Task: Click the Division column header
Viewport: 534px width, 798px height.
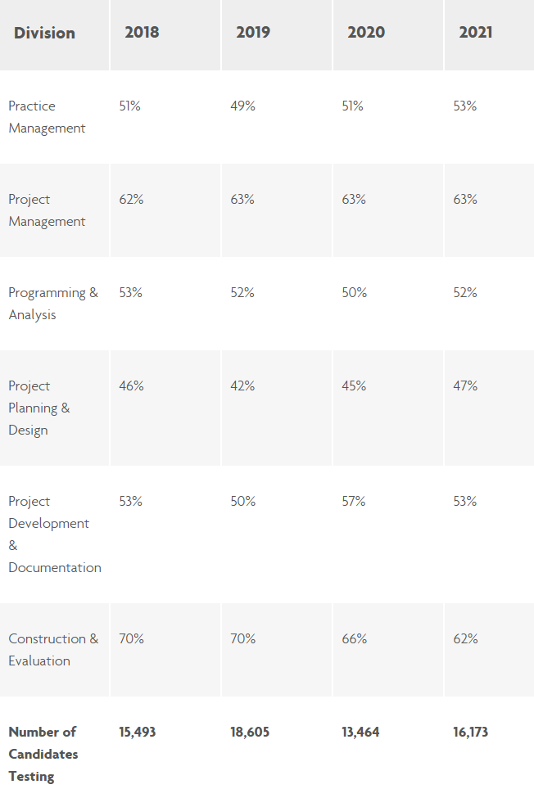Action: pos(44,33)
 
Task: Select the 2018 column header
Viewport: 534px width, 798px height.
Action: pos(142,33)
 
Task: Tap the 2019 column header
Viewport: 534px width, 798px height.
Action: pos(253,33)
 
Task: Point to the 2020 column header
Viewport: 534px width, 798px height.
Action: pos(364,33)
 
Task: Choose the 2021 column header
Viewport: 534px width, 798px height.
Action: pos(476,33)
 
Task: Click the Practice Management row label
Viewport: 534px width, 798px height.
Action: pos(47,117)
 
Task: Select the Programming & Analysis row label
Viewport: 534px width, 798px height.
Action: pos(52,304)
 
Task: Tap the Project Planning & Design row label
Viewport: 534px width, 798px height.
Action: pos(39,408)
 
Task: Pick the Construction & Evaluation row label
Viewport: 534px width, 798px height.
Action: pos(53,650)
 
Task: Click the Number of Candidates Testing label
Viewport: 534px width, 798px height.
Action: pos(43,754)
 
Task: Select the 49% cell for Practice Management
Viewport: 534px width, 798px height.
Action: pos(242,106)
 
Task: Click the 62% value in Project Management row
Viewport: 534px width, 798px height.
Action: pos(131,200)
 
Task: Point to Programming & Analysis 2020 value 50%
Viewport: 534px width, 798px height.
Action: pos(354,293)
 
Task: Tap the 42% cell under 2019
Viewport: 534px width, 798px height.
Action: pos(242,386)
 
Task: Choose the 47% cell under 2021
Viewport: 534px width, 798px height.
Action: pos(465,386)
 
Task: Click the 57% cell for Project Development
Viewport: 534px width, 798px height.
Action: pos(354,502)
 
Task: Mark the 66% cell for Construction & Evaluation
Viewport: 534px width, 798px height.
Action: pos(354,639)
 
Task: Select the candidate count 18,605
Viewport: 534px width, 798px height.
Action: pos(250,733)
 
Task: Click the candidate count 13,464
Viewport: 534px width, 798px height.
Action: pos(361,733)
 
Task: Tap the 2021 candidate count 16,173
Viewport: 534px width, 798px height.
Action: pos(471,733)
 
